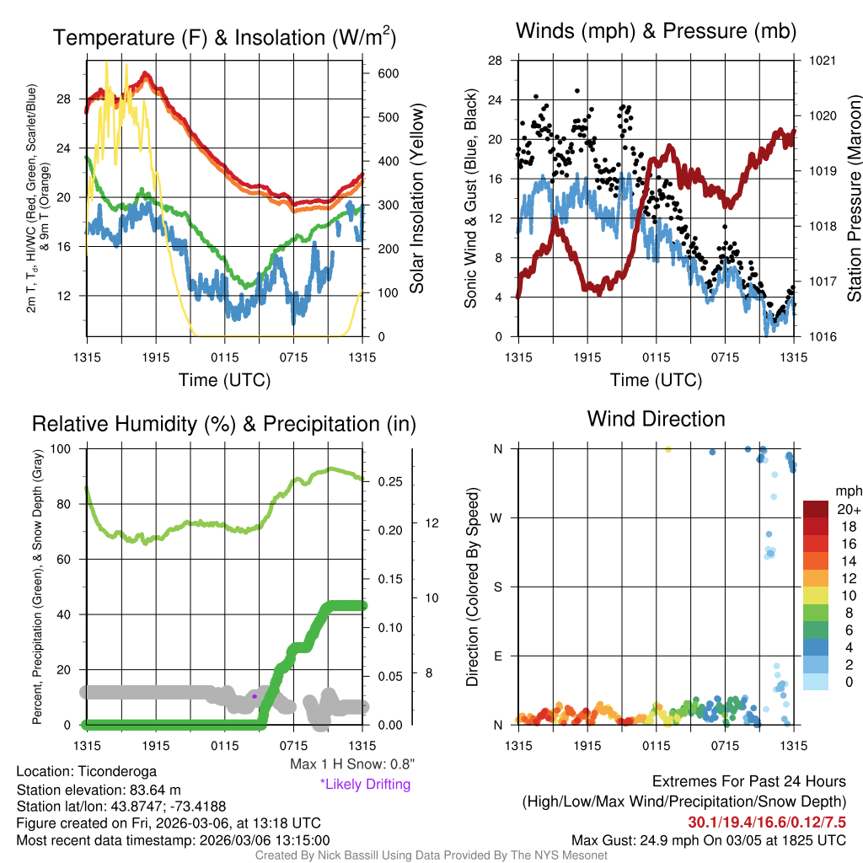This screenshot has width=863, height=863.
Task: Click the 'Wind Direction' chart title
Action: [x=656, y=419]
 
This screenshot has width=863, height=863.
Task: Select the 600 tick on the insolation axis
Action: [x=388, y=73]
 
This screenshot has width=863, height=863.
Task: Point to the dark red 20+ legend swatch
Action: [x=817, y=509]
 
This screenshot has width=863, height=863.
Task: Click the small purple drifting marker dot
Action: [x=255, y=696]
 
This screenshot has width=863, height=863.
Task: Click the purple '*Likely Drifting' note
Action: [x=365, y=784]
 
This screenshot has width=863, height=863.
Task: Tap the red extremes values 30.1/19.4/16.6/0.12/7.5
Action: [x=767, y=822]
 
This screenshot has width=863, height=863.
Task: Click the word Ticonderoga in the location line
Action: [x=115, y=771]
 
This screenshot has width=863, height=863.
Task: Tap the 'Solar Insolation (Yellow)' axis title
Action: [x=417, y=198]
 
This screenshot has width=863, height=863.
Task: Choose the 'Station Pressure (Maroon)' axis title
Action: [x=853, y=198]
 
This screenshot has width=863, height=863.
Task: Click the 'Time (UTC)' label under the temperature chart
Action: [x=224, y=380]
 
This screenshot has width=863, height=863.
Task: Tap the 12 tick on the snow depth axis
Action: [x=433, y=523]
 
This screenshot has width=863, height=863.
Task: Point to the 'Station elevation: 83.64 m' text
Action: [x=99, y=789]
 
